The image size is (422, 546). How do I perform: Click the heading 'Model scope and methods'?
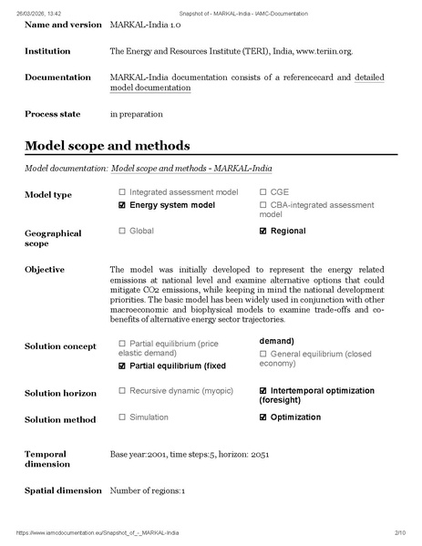tap(108, 146)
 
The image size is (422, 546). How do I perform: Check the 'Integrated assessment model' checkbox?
tap(122, 193)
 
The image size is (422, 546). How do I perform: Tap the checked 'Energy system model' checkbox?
tap(122, 206)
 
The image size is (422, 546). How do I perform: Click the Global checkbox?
tap(122, 232)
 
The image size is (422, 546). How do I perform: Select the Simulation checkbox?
tap(122, 417)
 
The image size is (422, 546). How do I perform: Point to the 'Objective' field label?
tap(45, 270)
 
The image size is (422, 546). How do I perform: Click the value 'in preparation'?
tap(136, 115)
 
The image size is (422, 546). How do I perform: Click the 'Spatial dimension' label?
tap(63, 490)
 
